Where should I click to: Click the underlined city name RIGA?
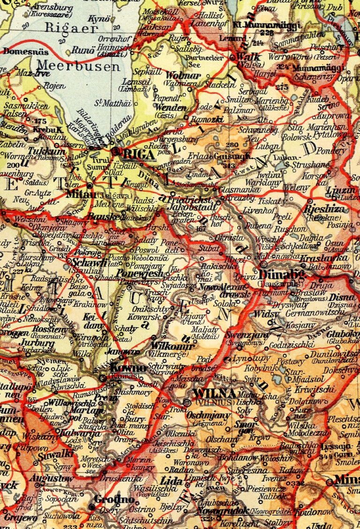[140, 153]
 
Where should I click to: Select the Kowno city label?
[124, 367]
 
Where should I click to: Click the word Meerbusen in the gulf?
[78, 66]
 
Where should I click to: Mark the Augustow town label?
[51, 478]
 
